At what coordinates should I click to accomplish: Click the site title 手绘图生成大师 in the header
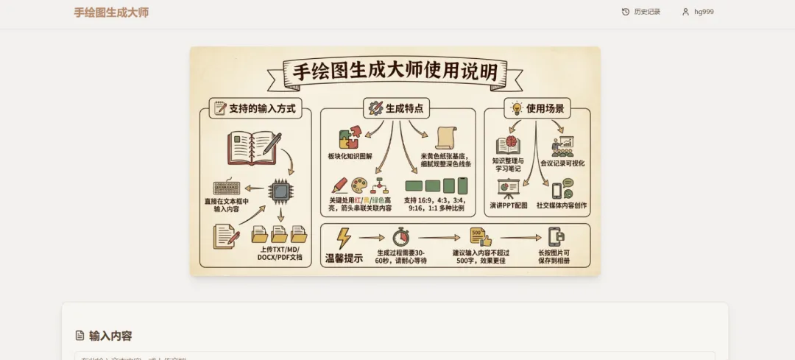pyautogui.click(x=111, y=13)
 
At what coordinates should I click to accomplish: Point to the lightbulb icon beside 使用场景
pyautogui.click(x=517, y=108)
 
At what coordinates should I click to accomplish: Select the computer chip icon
pyautogui.click(x=280, y=191)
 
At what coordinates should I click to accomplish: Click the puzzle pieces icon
pyautogui.click(x=349, y=138)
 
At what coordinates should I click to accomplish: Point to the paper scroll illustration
pyautogui.click(x=446, y=138)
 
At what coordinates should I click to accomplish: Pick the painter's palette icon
pyautogui.click(x=358, y=186)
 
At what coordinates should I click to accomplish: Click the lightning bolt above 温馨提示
pyautogui.click(x=343, y=239)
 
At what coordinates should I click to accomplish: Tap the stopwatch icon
pyautogui.click(x=400, y=237)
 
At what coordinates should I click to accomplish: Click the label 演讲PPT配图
pyautogui.click(x=509, y=205)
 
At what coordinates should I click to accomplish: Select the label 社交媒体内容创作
pyautogui.click(x=562, y=205)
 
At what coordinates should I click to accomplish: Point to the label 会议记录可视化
pyautogui.click(x=562, y=163)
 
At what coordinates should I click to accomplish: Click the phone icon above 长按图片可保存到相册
pyautogui.click(x=556, y=236)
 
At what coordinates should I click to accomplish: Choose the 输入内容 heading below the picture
pyautogui.click(x=110, y=336)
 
